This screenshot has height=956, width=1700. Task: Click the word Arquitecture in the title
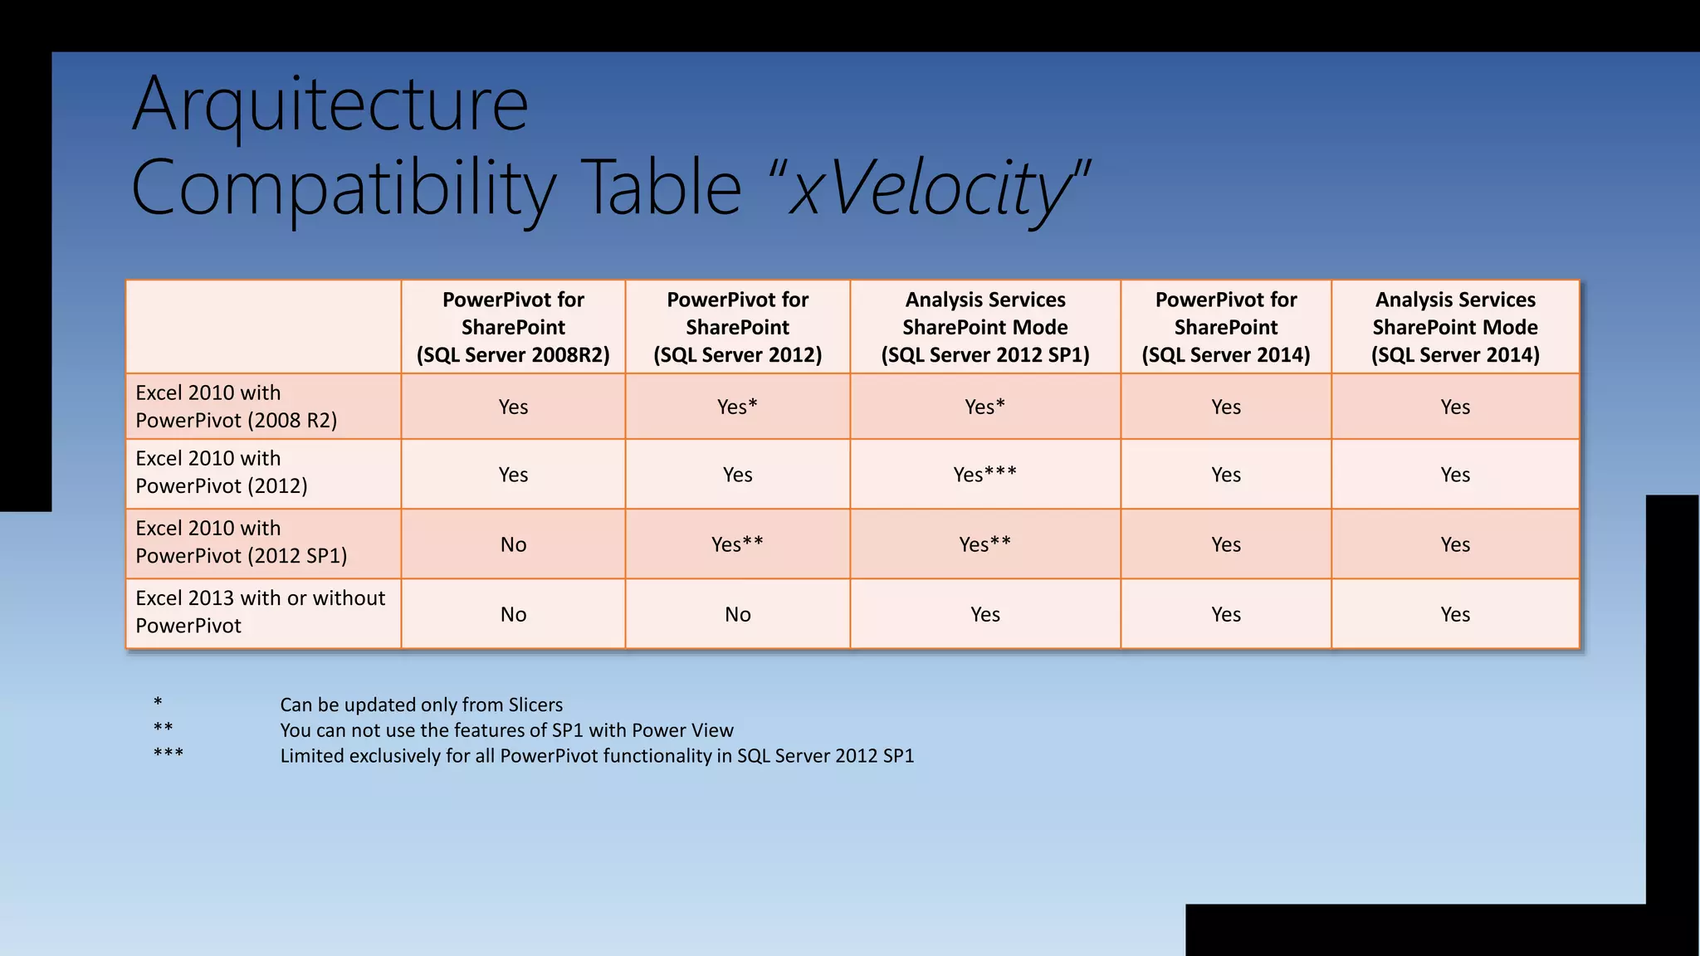click(x=330, y=105)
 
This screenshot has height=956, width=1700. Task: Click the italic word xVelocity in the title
click(x=930, y=188)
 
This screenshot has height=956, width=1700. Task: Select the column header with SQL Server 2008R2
click(x=513, y=327)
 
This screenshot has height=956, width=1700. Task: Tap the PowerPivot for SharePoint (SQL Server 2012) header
click(x=737, y=327)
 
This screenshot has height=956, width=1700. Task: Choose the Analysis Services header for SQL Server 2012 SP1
click(x=984, y=327)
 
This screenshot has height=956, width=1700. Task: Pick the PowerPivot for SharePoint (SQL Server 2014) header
click(x=1225, y=327)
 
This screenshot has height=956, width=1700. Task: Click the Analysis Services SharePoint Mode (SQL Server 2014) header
click(x=1454, y=327)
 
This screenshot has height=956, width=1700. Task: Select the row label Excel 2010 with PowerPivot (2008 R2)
click(x=237, y=406)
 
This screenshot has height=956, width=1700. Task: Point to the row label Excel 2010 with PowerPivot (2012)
click(x=222, y=472)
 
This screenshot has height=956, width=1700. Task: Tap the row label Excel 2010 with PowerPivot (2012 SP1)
click(x=241, y=542)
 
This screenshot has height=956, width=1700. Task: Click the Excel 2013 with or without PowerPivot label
click(x=260, y=612)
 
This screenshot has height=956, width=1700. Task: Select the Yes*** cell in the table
click(x=984, y=475)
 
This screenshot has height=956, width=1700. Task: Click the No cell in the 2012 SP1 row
click(x=513, y=544)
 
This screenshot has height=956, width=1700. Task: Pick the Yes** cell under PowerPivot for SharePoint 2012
click(x=737, y=544)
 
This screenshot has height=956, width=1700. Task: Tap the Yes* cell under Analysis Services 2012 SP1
click(x=984, y=407)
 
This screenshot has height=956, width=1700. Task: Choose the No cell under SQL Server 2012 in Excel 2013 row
click(x=737, y=614)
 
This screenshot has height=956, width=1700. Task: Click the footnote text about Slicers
click(x=421, y=705)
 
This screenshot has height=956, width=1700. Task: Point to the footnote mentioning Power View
click(x=506, y=730)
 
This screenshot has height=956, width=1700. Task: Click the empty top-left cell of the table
click(x=263, y=327)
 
